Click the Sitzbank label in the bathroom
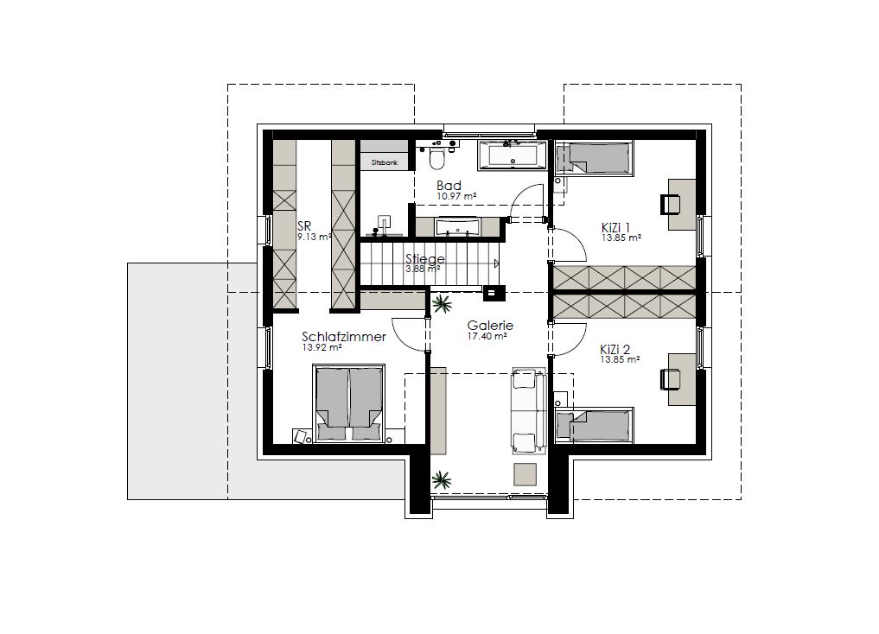click(385, 163)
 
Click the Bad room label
click(449, 186)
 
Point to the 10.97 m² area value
click(456, 197)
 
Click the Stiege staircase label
click(425, 259)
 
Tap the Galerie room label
click(490, 326)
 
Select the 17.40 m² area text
click(487, 337)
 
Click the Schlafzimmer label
click(344, 337)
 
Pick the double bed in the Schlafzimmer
click(348, 403)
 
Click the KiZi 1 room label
click(615, 227)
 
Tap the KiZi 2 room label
click(615, 350)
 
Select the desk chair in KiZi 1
click(671, 204)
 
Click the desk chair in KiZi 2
click(671, 378)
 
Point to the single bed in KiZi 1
click(594, 157)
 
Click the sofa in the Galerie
click(529, 410)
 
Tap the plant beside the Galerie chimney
click(442, 305)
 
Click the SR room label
click(304, 226)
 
